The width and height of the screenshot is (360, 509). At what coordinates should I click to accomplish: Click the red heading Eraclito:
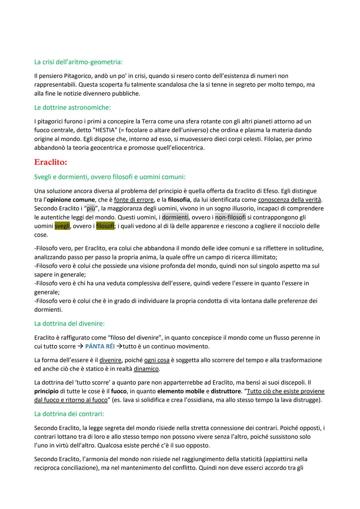pyautogui.click(x=51, y=162)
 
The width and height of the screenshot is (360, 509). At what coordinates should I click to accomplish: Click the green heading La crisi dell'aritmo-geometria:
pyautogui.click(x=78, y=62)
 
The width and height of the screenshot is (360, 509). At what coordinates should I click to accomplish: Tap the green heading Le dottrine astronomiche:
pyautogui.click(x=72, y=108)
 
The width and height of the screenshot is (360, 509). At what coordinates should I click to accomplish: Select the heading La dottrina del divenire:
pyautogui.click(x=69, y=324)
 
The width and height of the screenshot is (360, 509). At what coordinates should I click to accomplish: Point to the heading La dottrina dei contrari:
pyautogui.click(x=69, y=414)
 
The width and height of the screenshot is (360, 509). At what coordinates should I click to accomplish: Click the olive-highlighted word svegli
pyautogui.click(x=62, y=226)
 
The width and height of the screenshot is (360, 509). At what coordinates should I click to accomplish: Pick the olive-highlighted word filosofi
pyautogui.click(x=105, y=226)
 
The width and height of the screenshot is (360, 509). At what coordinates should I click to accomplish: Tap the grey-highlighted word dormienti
pyautogui.click(x=175, y=217)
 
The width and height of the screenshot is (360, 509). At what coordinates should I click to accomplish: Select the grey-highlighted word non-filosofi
pyautogui.click(x=230, y=217)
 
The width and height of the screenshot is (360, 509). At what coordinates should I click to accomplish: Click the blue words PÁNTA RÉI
pyautogui.click(x=100, y=346)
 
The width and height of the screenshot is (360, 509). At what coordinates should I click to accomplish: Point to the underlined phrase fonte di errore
pyautogui.click(x=134, y=200)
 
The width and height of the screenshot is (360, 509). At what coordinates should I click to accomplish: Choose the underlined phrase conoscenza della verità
pyautogui.click(x=290, y=200)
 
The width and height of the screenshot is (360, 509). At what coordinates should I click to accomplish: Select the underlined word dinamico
pyautogui.click(x=146, y=369)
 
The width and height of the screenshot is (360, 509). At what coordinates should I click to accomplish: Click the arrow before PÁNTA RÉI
pyautogui.click(x=80, y=346)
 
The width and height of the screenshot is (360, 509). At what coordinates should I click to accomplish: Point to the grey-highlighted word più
pyautogui.click(x=91, y=209)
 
